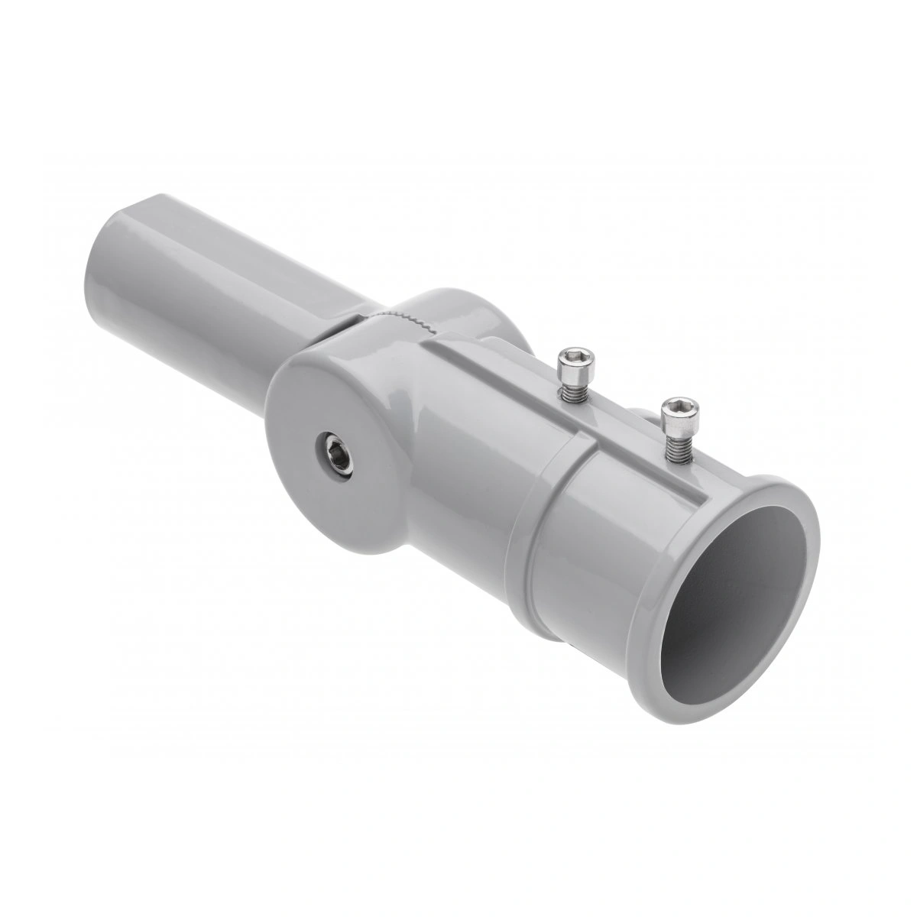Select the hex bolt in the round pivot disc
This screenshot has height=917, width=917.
pyautogui.click(x=336, y=455)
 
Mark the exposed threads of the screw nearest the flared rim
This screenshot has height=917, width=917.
pyautogui.click(x=677, y=446)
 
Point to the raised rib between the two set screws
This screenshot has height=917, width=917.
pyautogui.click(x=619, y=428)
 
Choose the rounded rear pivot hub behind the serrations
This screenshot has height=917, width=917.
pyautogui.click(x=474, y=313)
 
